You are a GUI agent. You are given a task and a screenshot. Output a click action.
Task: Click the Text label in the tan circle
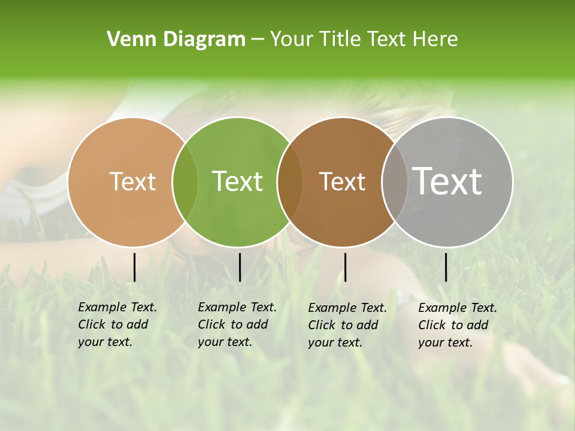point(132,181)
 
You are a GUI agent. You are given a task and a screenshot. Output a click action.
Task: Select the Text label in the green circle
point(238,181)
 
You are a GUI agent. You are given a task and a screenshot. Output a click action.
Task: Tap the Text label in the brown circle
point(342,181)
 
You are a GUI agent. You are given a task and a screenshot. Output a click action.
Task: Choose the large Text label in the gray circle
point(447,181)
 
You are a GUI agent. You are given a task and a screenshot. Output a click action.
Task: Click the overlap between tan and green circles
point(185,182)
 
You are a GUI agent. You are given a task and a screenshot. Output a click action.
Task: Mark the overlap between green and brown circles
point(290,182)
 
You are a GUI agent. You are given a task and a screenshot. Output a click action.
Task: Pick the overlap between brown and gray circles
point(395,182)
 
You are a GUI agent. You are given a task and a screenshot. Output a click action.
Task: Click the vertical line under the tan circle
point(134,267)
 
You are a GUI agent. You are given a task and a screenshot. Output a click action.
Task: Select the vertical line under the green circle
point(240,267)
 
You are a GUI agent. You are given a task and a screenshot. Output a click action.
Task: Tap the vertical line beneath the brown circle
point(345,267)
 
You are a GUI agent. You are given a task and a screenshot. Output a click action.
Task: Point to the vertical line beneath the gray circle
point(446,267)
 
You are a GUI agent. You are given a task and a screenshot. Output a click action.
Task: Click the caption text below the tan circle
point(117,324)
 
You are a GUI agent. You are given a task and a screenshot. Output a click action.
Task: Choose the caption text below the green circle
point(237,324)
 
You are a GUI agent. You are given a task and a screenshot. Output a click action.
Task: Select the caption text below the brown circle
point(347,325)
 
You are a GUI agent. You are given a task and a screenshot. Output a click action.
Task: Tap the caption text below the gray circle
point(458,325)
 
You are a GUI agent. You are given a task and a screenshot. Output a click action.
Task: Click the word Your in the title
point(292,40)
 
